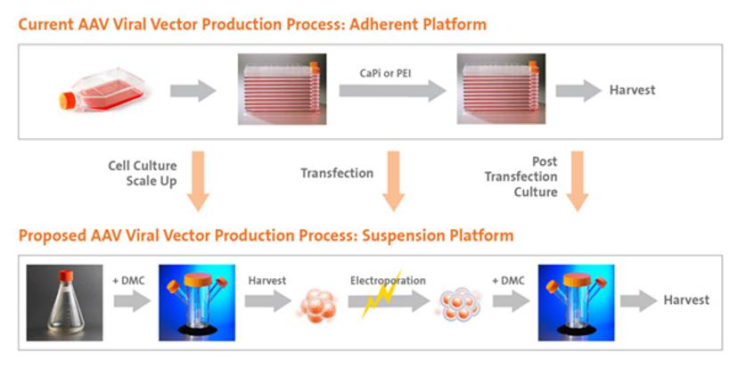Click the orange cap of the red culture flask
tap(66, 101)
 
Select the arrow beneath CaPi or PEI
tap(393, 90)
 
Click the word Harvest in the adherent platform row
tap(632, 90)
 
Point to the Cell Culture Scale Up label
tap(143, 173)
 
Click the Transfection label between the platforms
tap(337, 173)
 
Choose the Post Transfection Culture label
tap(521, 176)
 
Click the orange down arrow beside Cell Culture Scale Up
tap(198, 181)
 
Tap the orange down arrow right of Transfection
tap(393, 181)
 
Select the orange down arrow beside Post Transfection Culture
tap(577, 181)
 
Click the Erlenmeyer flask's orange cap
tap(65, 275)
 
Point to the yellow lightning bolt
tap(381, 294)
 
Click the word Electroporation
tap(388, 281)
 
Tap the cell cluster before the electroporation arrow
tap(318, 305)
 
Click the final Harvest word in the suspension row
tap(686, 299)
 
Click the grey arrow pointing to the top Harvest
tap(579, 90)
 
